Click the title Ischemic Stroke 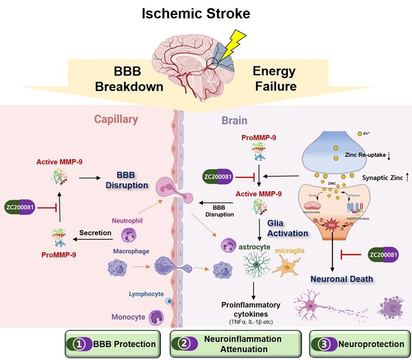206,13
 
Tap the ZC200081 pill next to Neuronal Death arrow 386,254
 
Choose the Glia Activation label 288,229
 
